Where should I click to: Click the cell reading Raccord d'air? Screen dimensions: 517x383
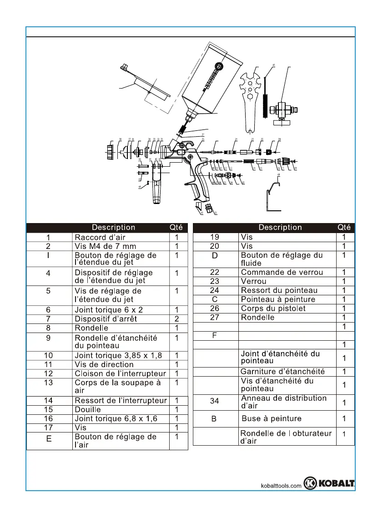100,237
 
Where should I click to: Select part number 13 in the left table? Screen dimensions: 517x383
49,382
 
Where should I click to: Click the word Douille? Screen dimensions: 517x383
88,409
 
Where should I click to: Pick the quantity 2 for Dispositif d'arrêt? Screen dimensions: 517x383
176,318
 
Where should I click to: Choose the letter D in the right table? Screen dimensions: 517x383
216,255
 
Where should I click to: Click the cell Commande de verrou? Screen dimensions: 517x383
282,272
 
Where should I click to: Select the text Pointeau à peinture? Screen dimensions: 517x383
278,299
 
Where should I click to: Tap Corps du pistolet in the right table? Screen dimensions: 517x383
273,308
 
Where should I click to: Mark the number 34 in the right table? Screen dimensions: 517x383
215,402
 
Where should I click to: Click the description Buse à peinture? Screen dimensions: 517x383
271,418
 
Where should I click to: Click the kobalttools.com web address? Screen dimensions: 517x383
281,486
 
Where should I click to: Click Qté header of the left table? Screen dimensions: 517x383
176,227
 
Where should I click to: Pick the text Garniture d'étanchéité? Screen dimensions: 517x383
282,372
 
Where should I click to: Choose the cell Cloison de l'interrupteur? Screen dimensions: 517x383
120,373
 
